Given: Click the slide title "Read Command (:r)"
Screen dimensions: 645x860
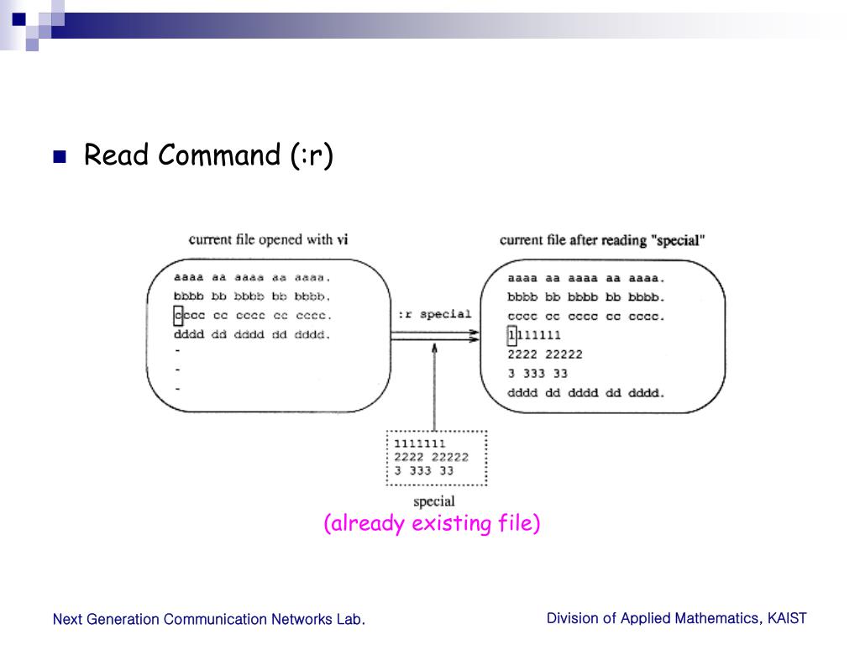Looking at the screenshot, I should click(x=208, y=155).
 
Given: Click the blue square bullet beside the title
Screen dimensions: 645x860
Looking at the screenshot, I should click(x=59, y=157).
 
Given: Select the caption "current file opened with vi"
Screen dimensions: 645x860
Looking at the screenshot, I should click(x=268, y=239).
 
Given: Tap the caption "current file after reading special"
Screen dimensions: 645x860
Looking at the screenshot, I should click(x=601, y=240).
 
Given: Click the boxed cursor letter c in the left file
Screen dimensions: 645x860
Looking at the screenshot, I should click(x=178, y=316).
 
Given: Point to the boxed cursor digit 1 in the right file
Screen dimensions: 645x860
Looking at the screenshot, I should click(x=511, y=335).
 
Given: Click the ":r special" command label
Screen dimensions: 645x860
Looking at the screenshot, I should click(x=433, y=314).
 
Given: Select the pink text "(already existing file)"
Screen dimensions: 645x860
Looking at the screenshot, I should click(x=432, y=523).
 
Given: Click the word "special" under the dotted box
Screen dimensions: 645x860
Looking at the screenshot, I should click(x=433, y=501).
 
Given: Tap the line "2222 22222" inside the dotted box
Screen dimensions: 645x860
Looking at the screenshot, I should click(x=431, y=457).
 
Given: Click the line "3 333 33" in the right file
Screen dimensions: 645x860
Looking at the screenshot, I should click(x=537, y=374).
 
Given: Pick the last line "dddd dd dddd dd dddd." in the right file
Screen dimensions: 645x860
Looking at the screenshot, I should click(x=585, y=393).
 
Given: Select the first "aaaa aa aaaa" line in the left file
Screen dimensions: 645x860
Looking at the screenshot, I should click(x=252, y=277).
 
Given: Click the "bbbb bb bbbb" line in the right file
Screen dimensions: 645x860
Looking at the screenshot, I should click(x=585, y=296).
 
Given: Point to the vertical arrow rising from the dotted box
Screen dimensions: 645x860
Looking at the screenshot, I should click(x=434, y=386).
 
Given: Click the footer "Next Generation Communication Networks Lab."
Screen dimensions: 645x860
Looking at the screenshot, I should click(x=208, y=620).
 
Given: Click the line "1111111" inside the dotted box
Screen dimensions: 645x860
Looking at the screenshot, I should click(x=420, y=443).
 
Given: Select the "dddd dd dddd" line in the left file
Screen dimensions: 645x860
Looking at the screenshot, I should click(x=252, y=335).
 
